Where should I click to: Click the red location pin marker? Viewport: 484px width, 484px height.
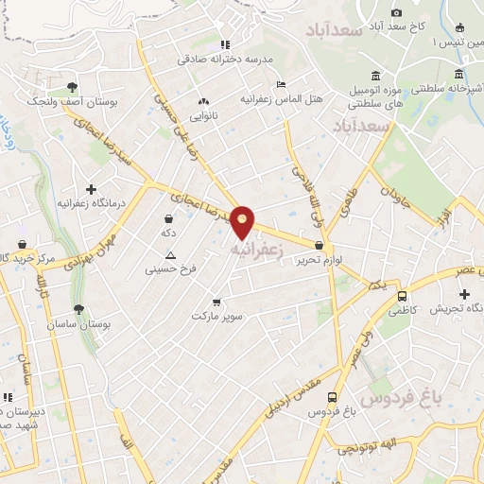coord(244,221)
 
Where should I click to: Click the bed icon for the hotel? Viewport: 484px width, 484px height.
coord(280,83)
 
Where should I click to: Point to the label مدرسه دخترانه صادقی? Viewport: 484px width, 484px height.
coord(225,59)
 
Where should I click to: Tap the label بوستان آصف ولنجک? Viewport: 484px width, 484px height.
coord(65,99)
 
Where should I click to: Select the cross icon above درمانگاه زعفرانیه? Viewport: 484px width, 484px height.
coord(91,189)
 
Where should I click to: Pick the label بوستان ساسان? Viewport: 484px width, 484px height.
coord(106,323)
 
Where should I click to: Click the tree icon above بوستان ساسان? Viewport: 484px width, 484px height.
coord(78,309)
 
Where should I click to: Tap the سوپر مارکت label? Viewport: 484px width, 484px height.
coord(217,317)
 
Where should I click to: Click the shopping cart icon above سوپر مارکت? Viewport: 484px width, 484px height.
coord(217,302)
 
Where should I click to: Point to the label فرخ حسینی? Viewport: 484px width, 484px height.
coord(170,269)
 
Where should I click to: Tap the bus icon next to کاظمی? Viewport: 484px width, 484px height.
coord(402,295)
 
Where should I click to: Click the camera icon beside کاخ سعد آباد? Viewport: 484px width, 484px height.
coord(397,12)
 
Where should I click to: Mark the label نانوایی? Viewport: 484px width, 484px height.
coord(203,116)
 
